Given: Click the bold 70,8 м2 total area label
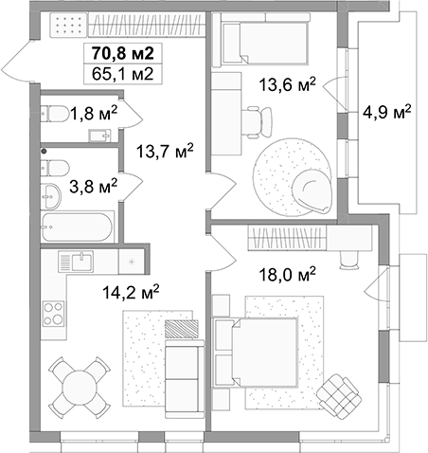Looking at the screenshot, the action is [x=123, y=53].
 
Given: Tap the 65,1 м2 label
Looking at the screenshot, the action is [x=123, y=74].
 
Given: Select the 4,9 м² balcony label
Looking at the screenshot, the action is [x=387, y=112].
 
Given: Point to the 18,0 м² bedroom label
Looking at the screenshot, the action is [x=287, y=274].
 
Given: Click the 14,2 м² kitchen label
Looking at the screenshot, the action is [x=131, y=292].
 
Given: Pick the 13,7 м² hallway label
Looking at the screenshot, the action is [x=165, y=151].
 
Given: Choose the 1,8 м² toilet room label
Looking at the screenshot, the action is [x=94, y=113].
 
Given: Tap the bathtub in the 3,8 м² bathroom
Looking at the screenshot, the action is [x=78, y=226].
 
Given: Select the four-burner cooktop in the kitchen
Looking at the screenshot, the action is [x=53, y=314].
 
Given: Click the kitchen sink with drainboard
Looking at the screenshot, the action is [x=76, y=262].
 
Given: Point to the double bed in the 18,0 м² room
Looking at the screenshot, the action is [x=256, y=352].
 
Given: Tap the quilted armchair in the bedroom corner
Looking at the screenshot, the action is [x=339, y=396].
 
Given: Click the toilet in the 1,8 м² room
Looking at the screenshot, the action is [x=55, y=114].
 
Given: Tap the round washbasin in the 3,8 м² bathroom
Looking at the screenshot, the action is [x=51, y=196].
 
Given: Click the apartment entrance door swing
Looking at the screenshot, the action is [x=17, y=62].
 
